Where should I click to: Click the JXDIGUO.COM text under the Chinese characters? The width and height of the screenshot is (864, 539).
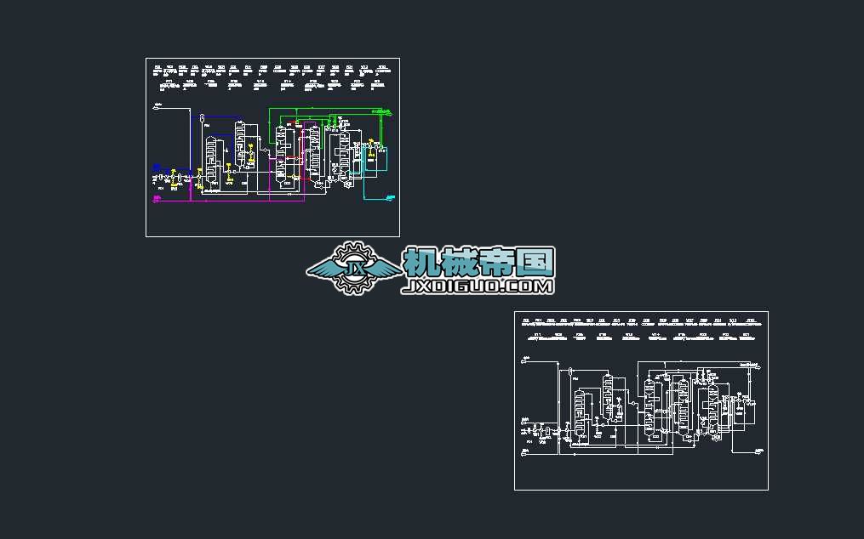pos(478,287)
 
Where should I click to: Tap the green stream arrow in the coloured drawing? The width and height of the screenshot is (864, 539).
pos(389,112)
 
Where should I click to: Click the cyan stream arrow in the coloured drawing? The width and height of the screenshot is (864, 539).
pos(389,196)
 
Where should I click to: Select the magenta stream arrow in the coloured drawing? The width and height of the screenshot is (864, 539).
pos(157,201)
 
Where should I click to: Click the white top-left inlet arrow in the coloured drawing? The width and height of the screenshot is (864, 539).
pos(157,106)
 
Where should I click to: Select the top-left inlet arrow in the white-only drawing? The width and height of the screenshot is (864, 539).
pos(526,360)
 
